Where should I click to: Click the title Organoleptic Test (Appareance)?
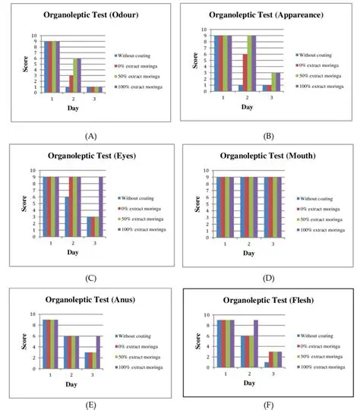pyautogui.click(x=266, y=14)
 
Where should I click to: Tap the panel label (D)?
pyautogui.click(x=267, y=278)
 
